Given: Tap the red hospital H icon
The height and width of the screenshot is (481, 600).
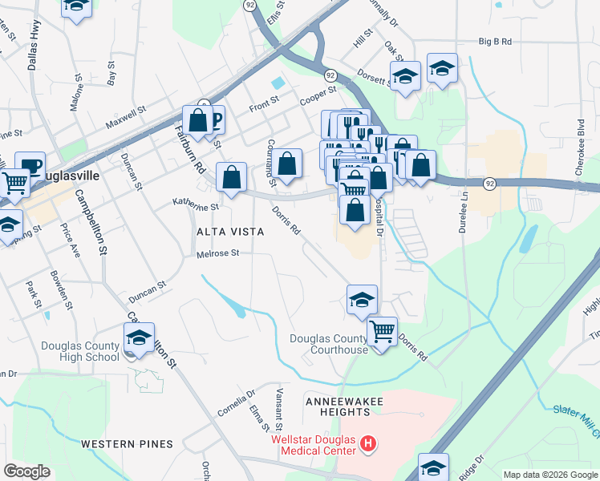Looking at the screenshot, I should point(368,443).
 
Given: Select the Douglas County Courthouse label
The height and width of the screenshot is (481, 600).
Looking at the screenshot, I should point(329,344).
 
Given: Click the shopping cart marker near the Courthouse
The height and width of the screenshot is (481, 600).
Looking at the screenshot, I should point(382,329).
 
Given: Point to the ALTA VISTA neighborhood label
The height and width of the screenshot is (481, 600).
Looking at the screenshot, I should point(230,232).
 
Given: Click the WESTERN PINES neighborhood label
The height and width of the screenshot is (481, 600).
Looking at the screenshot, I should point(127,443).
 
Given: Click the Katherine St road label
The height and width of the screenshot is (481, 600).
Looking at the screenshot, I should point(196,206).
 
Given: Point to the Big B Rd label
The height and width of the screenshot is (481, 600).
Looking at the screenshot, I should point(495,40).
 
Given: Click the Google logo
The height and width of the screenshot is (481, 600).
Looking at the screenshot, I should point(26,471).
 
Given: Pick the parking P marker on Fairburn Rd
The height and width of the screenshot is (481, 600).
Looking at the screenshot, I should point(215,120).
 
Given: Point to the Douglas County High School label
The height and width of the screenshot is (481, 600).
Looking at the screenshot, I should point(79,351).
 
